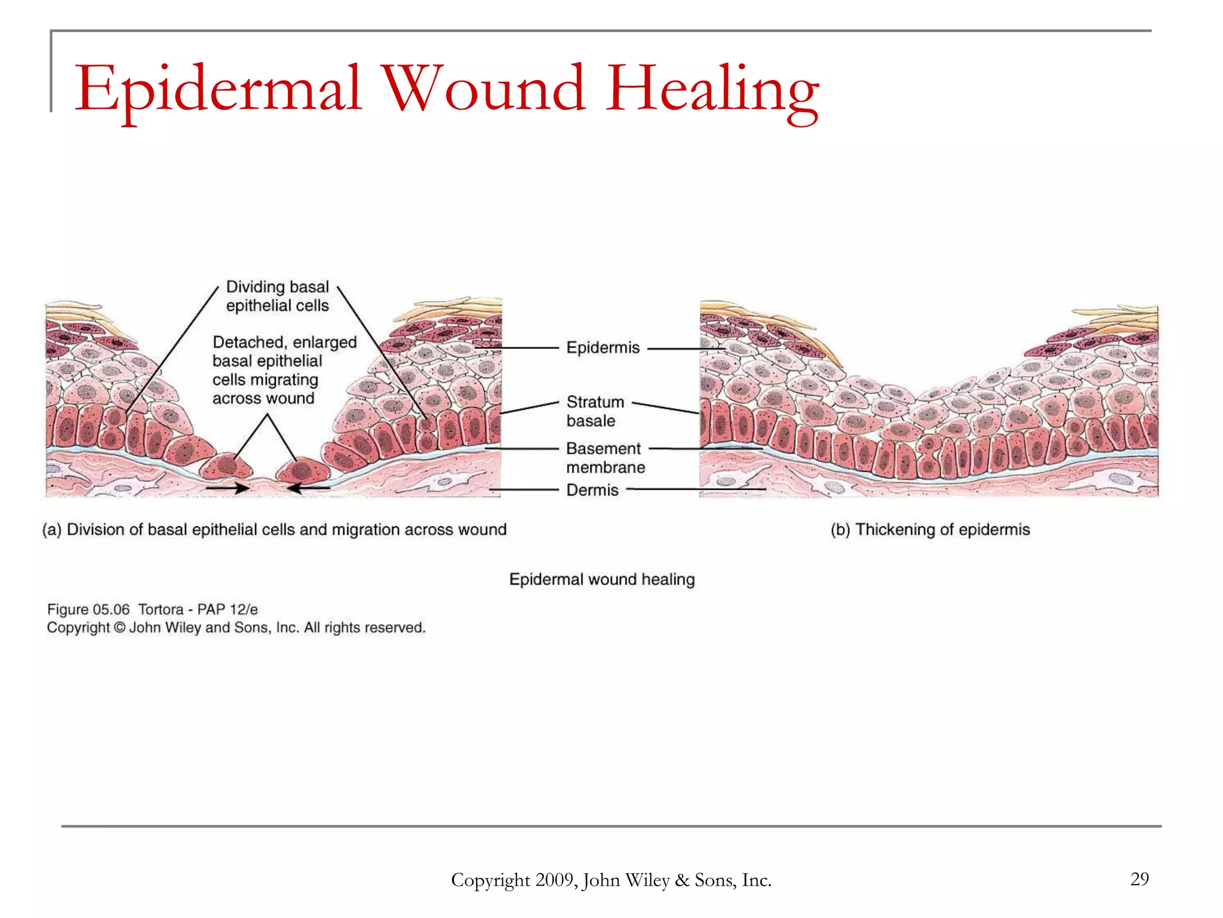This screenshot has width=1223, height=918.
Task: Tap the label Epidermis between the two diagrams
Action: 603,348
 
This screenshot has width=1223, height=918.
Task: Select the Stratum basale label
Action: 595,411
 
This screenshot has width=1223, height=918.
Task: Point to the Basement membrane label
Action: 605,458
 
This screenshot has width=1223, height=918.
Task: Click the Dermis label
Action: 592,490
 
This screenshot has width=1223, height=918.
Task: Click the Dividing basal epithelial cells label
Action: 277,296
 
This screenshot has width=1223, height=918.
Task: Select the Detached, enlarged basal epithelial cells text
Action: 284,370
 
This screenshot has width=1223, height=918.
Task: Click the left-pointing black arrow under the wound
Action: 308,488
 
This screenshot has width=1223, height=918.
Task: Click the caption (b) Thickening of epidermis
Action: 930,530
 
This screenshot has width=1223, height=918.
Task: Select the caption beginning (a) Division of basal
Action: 274,530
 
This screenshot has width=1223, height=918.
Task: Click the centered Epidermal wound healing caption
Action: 601,579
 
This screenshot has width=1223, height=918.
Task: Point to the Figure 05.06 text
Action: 88,610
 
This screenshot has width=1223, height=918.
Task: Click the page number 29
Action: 1139,879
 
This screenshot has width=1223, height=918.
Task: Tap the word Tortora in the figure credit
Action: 161,610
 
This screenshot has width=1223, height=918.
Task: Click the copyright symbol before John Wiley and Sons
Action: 119,628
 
